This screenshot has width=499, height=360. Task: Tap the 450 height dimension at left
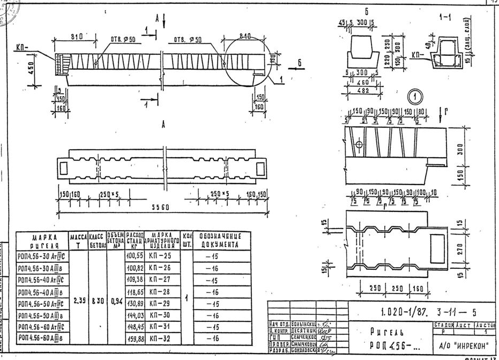point(32,69)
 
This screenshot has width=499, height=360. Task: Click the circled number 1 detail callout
point(415,97)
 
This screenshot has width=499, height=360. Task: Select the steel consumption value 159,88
point(135,339)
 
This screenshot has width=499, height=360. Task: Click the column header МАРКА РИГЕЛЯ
point(42,240)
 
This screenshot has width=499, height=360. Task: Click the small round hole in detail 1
point(359,145)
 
